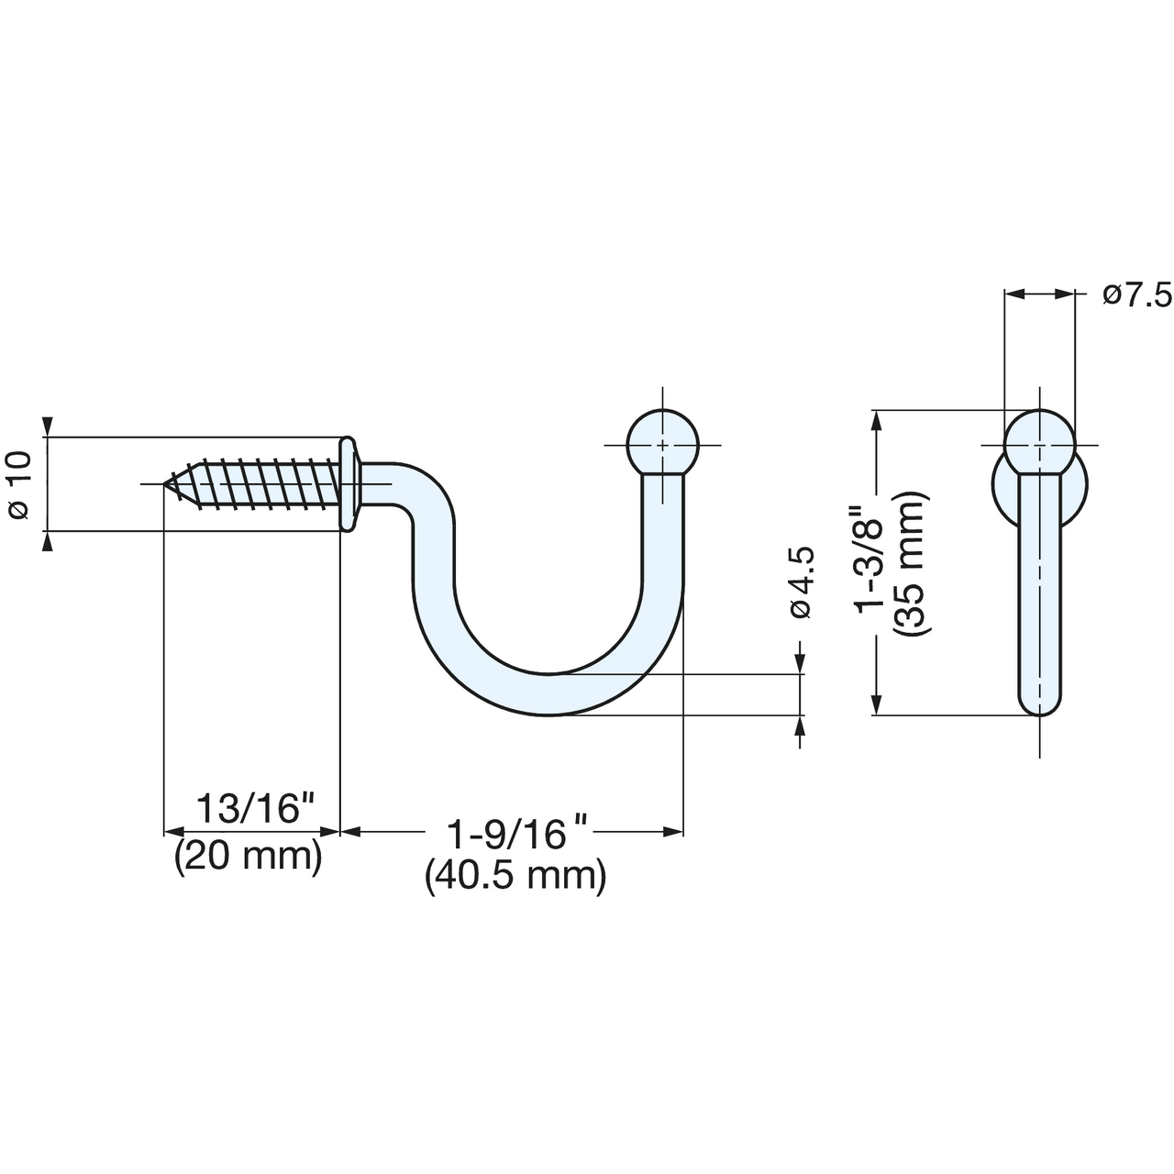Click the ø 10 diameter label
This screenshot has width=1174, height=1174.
tap(20, 484)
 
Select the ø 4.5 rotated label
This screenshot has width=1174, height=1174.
tap(801, 581)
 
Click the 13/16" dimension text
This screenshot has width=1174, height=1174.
tap(254, 808)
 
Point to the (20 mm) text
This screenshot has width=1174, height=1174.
tap(248, 857)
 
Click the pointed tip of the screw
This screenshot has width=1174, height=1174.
tap(164, 484)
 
